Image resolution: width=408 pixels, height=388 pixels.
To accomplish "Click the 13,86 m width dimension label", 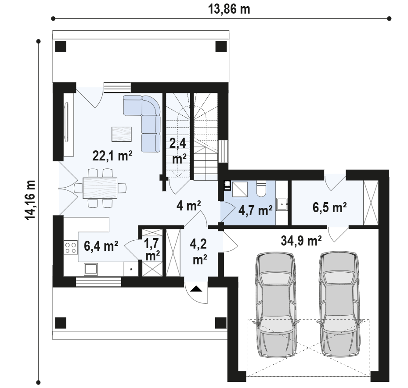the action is [229, 9].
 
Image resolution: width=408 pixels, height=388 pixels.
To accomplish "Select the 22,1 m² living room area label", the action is [112, 156].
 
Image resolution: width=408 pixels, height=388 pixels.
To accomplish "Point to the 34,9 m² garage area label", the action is [301, 241].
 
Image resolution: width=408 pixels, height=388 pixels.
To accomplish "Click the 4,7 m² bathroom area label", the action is [256, 210].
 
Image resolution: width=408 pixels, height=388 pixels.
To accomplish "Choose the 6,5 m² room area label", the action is [329, 207].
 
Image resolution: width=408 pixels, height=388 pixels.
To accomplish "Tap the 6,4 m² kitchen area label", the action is [101, 246].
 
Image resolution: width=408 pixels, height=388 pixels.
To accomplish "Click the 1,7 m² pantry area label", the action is [152, 249].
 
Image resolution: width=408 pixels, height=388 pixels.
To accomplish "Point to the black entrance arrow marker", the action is [196, 288].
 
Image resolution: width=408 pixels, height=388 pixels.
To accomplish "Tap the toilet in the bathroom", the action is [261, 189].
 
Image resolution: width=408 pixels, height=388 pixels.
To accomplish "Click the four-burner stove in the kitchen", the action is [71, 247].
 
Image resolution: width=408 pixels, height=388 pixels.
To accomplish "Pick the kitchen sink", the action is [91, 269].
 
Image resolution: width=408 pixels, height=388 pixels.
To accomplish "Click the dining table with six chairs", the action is [100, 188].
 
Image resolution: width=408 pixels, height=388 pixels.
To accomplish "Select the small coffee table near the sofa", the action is [122, 134].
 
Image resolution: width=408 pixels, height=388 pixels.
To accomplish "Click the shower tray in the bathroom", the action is [239, 189].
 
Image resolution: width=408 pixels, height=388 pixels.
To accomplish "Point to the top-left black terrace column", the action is [61, 47].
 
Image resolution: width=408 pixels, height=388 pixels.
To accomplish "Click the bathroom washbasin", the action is [282, 204].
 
